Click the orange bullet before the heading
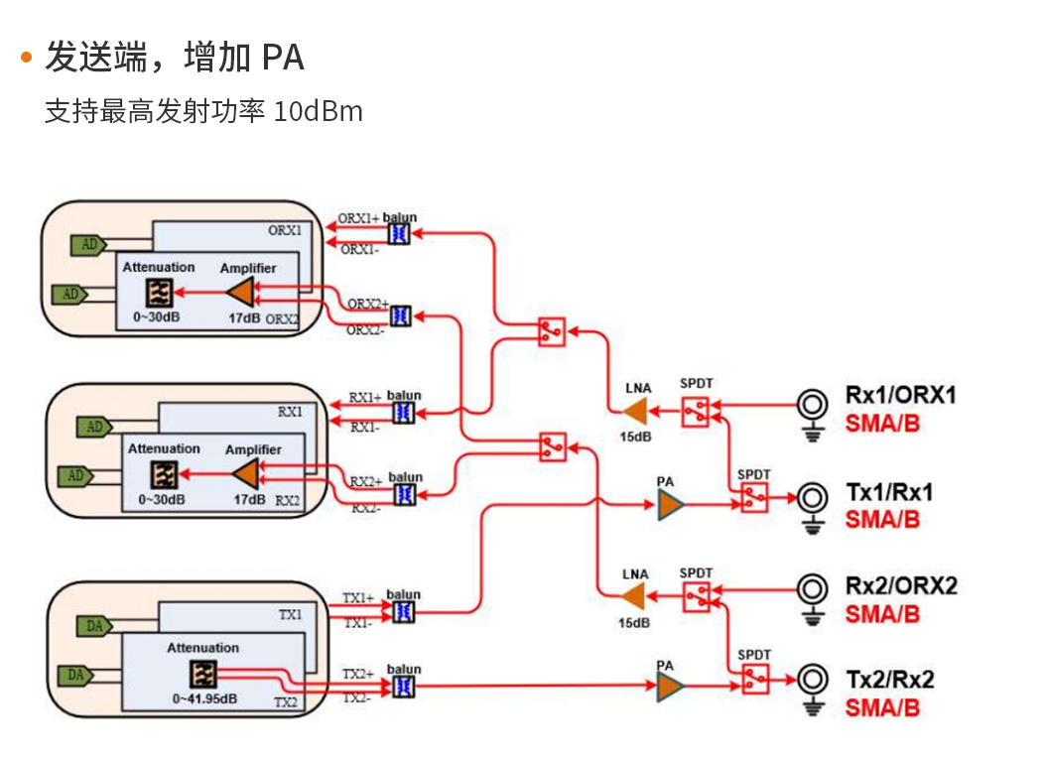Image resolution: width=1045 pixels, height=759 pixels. tap(27, 59)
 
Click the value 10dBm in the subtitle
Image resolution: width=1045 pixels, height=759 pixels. tap(318, 110)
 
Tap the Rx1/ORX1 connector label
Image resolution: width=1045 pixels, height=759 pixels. tap(900, 395)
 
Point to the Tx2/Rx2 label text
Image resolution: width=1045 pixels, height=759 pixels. tap(889, 680)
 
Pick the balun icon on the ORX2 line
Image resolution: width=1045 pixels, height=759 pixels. tap(400, 316)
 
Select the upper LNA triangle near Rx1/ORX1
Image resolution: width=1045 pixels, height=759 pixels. tap(633, 410)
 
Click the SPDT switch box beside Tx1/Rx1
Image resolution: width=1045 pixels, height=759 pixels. tap(753, 498)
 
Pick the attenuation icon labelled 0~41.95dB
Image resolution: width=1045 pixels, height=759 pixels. tap(203, 674)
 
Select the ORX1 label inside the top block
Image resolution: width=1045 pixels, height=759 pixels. tap(286, 230)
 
